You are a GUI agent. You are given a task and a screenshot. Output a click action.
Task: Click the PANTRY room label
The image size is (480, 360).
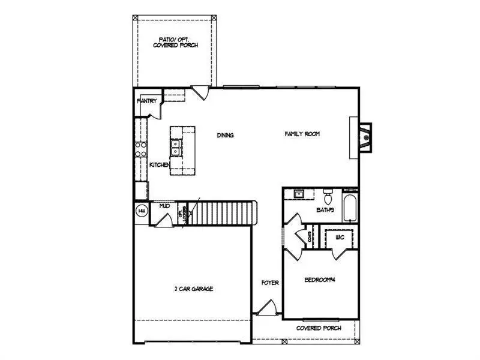147,101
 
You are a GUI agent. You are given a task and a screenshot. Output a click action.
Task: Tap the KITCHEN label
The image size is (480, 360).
159,165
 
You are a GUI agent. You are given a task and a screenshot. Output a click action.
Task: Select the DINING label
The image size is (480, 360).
225,135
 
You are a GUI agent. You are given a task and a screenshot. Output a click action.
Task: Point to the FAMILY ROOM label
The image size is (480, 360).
302,134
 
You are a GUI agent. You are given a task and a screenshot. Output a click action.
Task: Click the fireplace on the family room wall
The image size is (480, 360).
364,137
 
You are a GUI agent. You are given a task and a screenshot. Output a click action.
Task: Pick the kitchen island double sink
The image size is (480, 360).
176,144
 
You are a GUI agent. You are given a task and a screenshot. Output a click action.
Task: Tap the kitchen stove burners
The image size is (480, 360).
141,149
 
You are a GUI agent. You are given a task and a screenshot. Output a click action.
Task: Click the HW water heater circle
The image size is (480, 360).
142,211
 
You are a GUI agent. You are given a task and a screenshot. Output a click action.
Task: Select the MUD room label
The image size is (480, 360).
164,206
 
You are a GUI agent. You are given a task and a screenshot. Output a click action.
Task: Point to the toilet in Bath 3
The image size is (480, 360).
328,197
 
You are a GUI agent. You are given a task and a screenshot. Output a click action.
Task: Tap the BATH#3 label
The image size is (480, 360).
326,210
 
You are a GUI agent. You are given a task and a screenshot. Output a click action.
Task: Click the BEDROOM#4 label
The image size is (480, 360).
319,280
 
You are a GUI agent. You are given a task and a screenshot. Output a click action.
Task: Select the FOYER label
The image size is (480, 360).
269,283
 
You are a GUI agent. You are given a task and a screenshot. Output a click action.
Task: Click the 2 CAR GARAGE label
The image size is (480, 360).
194,289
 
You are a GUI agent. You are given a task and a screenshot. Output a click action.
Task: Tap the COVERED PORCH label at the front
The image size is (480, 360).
319,328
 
